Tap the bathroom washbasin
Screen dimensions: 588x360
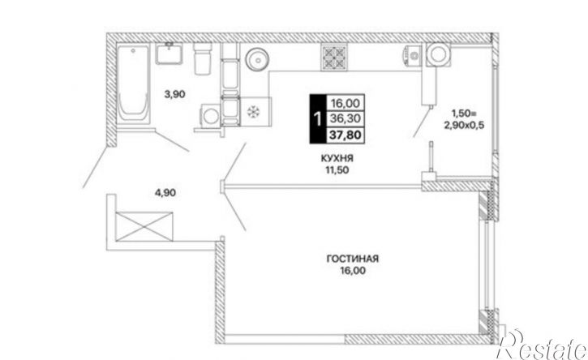[x=170, y=54]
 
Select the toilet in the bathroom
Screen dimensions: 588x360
[x=203, y=58]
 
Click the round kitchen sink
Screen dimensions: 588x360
[x=258, y=59]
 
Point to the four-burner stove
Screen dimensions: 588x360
[x=334, y=58]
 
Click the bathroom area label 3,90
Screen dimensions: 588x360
[x=175, y=95]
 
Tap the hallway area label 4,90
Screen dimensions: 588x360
[x=165, y=193]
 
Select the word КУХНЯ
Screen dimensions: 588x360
[x=337, y=159]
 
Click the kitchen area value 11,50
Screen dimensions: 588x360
[x=337, y=170]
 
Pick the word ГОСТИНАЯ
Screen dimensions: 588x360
[x=353, y=259]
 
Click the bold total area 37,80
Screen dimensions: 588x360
[x=345, y=135]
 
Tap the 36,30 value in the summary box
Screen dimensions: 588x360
[x=345, y=118]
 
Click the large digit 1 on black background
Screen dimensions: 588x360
[x=318, y=119]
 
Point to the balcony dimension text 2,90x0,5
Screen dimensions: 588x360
[x=464, y=126]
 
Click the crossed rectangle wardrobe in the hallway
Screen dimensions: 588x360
[x=144, y=226]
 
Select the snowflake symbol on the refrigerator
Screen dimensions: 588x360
[x=254, y=111]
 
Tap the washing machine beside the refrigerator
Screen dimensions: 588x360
[x=211, y=116]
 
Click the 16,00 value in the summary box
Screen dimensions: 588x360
[x=345, y=103]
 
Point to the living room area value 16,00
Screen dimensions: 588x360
[x=353, y=270]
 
